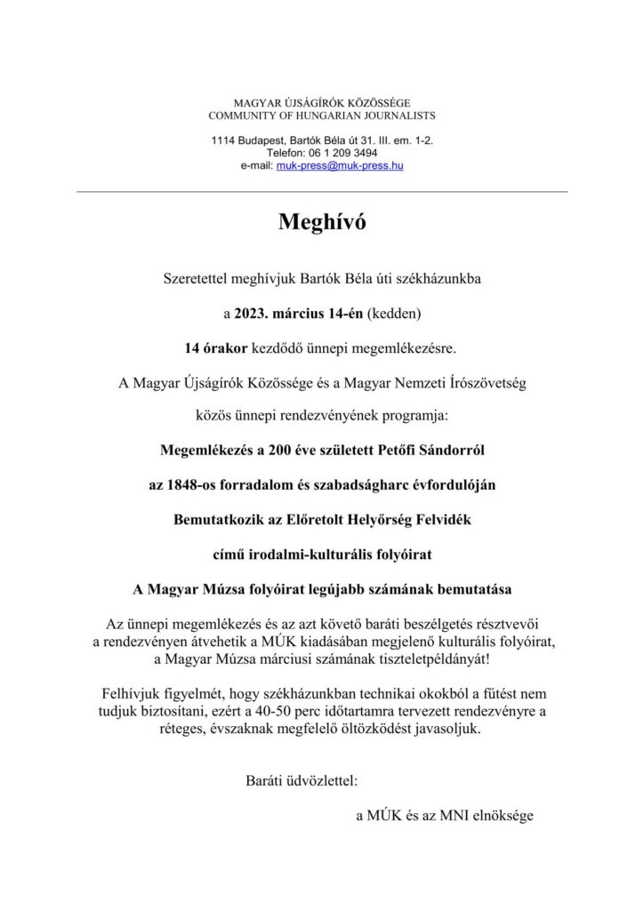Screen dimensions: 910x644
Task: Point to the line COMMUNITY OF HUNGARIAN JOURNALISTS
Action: click(321, 116)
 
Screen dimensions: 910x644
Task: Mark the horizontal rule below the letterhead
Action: click(321, 192)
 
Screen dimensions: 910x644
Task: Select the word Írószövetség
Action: click(479, 382)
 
